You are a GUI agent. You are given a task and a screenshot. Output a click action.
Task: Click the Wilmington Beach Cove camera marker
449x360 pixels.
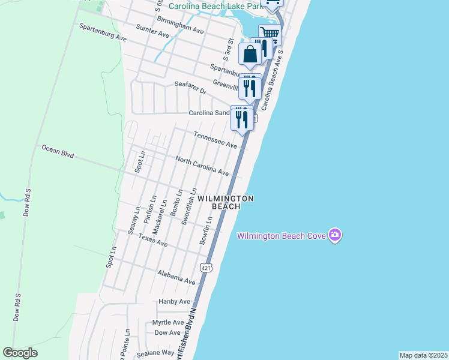click(336, 235)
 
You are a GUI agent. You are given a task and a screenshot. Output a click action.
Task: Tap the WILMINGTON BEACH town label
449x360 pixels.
click(226, 202)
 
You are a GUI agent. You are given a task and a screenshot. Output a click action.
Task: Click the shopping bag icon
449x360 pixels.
click(250, 54)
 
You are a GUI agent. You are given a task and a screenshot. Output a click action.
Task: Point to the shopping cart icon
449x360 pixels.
click(270, 34)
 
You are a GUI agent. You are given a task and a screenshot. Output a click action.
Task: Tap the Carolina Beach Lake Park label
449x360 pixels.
click(217, 6)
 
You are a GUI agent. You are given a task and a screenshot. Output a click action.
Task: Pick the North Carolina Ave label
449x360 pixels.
click(202, 166)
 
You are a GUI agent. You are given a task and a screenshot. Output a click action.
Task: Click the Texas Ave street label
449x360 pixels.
click(152, 240)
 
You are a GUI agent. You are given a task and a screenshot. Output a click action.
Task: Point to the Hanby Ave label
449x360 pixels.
click(174, 301)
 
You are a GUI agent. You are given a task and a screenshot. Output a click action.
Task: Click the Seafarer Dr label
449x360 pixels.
click(190, 88)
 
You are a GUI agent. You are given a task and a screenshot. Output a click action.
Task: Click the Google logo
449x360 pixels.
click(20, 353)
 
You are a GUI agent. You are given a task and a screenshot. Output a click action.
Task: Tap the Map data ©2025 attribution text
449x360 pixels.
click(423, 355)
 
